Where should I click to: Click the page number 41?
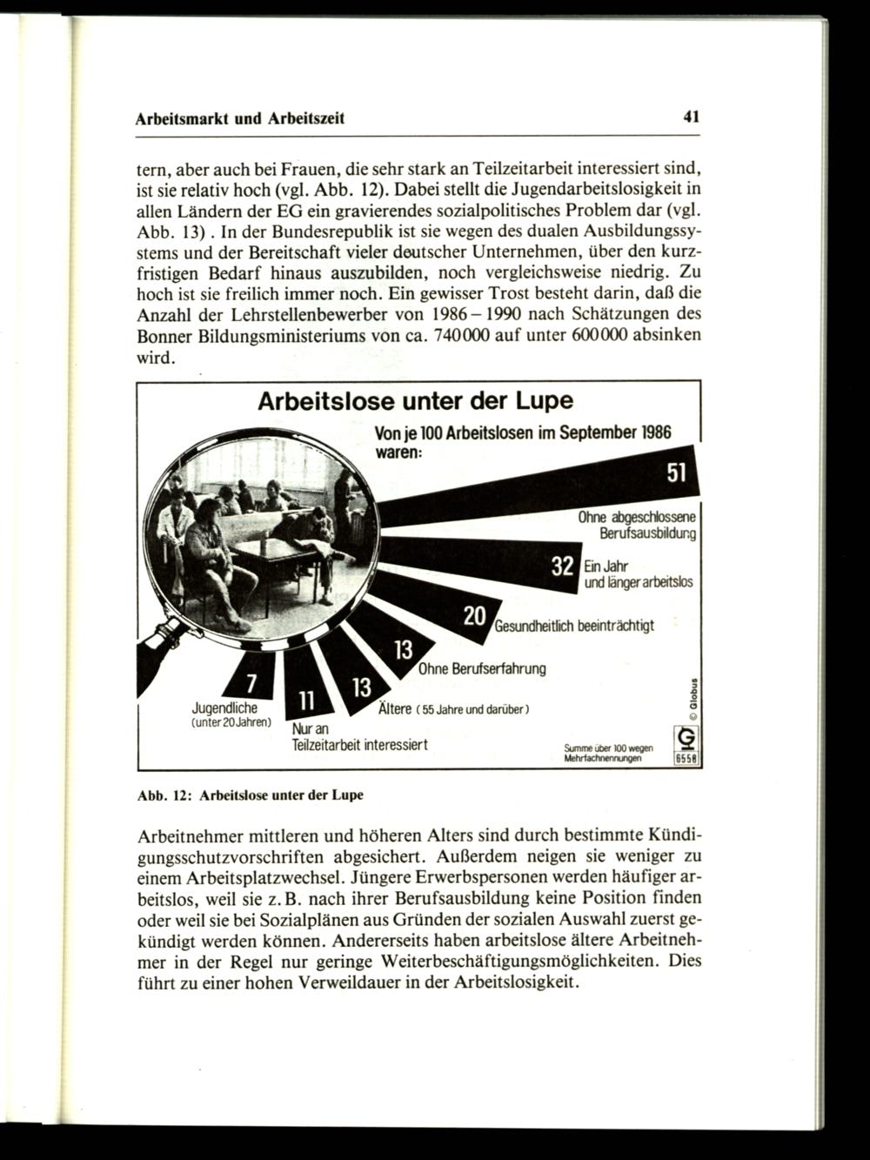(692, 117)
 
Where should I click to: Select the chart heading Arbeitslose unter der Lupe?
(416, 402)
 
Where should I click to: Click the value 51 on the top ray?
(676, 473)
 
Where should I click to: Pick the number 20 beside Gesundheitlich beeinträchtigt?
(474, 615)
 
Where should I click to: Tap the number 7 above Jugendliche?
(251, 681)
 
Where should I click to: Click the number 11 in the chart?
(305, 701)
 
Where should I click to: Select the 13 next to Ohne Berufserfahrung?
(403, 650)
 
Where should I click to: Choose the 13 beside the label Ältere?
(361, 687)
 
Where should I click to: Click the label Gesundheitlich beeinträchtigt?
(574, 626)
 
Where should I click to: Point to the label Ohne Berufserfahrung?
(482, 668)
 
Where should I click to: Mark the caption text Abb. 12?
(164, 795)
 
